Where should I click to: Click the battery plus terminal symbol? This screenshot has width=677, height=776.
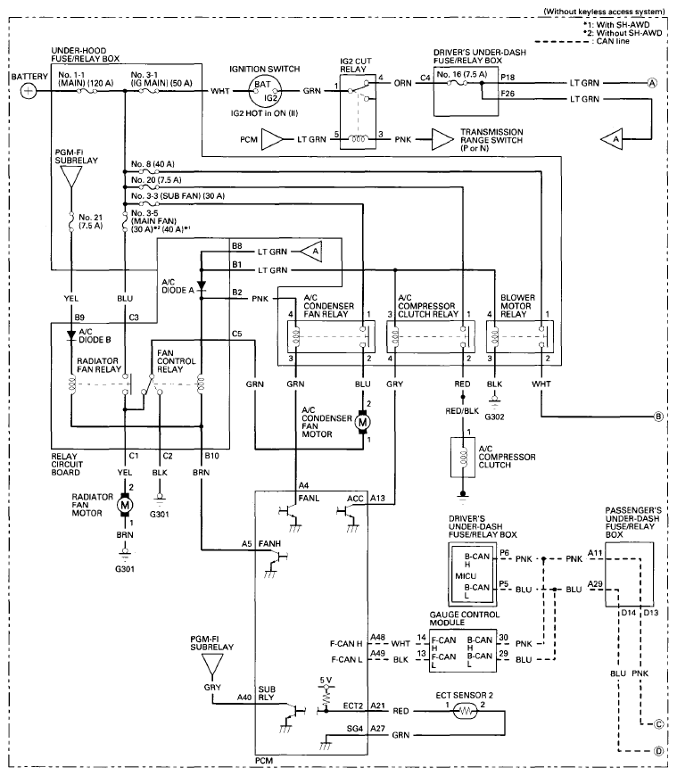[29, 91]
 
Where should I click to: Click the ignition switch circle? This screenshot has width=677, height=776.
[264, 91]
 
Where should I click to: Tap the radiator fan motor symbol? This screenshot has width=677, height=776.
[125, 505]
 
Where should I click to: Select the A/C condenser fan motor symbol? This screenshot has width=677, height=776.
[363, 422]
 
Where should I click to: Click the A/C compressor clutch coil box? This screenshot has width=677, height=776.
[463, 458]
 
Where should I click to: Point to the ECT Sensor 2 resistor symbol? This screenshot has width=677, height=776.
[466, 712]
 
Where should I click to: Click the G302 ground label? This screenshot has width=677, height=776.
[494, 417]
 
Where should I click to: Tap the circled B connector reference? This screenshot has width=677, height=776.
[658, 417]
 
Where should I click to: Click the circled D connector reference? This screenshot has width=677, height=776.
[658, 751]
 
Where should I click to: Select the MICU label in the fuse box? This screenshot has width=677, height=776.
[466, 576]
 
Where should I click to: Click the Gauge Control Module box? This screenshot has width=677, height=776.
[463, 651]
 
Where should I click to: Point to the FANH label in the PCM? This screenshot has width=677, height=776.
[269, 544]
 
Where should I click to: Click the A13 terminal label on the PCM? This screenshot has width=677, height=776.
[377, 499]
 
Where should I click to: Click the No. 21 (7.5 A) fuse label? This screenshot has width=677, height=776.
[91, 221]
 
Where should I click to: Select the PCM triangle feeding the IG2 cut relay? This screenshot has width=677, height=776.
[272, 139]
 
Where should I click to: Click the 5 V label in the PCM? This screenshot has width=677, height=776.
[326, 680]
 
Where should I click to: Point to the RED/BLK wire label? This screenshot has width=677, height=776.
[462, 411]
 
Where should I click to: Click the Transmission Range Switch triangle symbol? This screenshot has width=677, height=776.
[442, 139]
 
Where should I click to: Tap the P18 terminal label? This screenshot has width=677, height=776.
[508, 78]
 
